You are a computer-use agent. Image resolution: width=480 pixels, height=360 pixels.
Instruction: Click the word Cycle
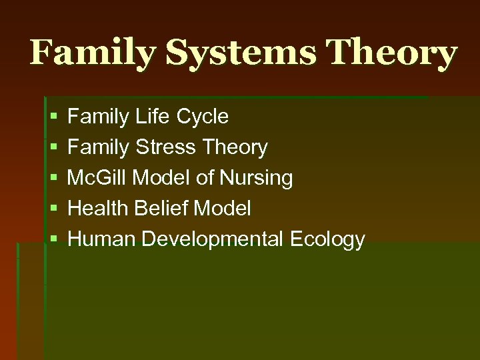[203, 117]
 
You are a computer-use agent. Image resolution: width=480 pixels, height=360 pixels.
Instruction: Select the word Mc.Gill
[98, 178]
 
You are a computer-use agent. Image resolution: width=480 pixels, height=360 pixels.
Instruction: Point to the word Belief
[161, 209]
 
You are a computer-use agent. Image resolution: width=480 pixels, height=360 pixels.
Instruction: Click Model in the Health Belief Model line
[222, 209]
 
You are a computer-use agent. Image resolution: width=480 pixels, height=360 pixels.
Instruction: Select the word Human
[99, 239]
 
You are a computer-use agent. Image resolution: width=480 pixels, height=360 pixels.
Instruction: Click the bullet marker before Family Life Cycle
[53, 117]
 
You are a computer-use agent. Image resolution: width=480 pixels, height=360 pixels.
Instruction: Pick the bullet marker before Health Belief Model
[53, 209]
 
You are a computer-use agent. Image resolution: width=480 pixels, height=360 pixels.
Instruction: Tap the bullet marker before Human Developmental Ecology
[53, 240]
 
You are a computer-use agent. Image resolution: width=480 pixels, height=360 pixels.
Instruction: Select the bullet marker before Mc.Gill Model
[53, 179]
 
